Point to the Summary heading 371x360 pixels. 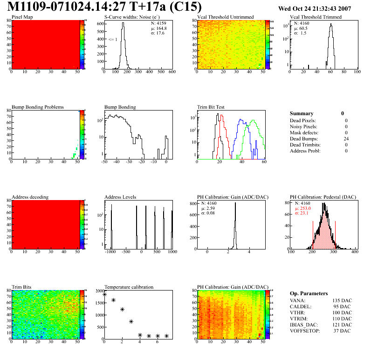(x=302, y=113)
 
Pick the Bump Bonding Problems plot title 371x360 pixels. (x=38, y=107)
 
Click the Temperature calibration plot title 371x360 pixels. (x=129, y=287)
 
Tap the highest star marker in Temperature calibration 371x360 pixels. (x=105, y=294)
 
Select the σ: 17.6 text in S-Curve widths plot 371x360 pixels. (x=159, y=33)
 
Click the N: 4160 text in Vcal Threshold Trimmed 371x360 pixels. (x=303, y=23)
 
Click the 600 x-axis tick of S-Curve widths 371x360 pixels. (x=172, y=72)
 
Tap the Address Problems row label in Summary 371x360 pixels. (x=305, y=151)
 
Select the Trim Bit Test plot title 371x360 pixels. (x=211, y=107)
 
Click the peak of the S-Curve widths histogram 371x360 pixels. (x=123, y=24)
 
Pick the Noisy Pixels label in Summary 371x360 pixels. (x=303, y=126)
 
